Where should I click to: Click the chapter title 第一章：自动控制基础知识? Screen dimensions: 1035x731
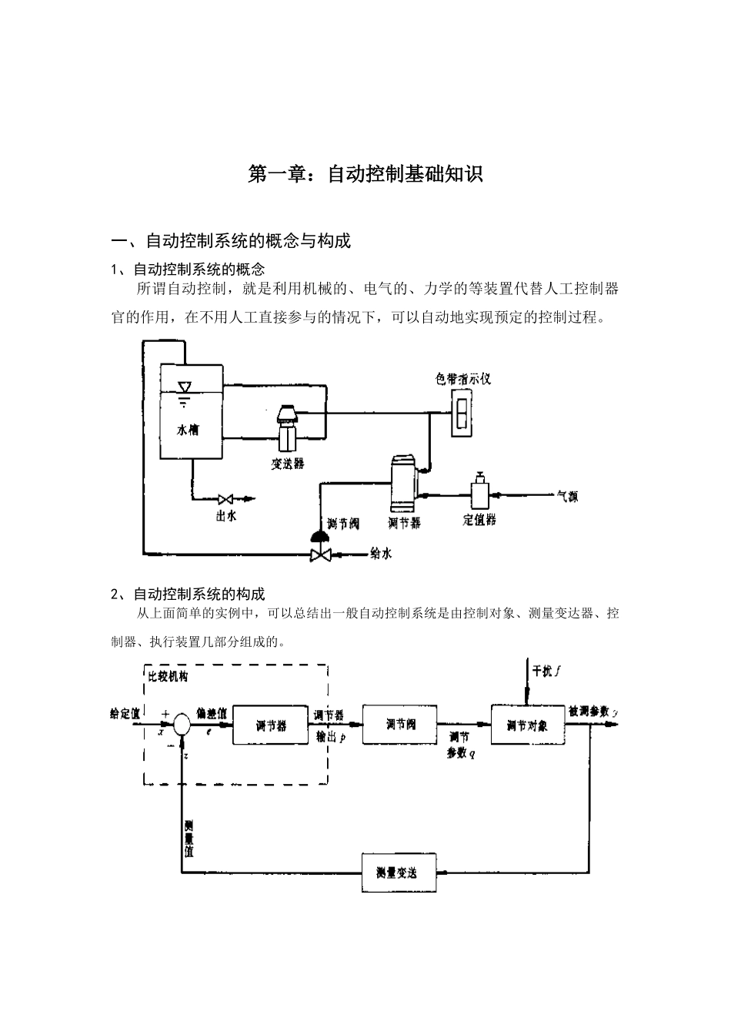(x=365, y=174)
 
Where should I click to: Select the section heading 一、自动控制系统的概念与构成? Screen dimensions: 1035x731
(x=231, y=241)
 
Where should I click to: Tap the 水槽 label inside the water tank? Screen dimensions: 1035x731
(x=188, y=430)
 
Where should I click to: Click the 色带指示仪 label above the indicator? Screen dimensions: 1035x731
(x=462, y=379)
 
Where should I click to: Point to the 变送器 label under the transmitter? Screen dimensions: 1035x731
(x=288, y=464)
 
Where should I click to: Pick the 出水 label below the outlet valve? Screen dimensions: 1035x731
(x=226, y=516)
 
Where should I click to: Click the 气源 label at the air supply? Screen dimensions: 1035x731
(x=567, y=497)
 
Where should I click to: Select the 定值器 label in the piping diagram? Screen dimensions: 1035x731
(x=479, y=520)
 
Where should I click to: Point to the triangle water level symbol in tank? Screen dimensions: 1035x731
(x=184, y=387)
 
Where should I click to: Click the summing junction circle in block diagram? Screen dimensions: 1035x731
(x=182, y=725)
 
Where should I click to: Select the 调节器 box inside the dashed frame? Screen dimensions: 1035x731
(x=270, y=725)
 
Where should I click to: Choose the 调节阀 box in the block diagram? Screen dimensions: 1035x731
(x=399, y=724)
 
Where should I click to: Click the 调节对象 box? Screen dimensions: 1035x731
(x=527, y=725)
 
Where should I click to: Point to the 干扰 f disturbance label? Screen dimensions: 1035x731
(x=546, y=671)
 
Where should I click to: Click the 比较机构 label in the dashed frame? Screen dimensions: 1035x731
(x=168, y=677)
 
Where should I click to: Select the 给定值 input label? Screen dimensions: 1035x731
(x=125, y=714)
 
